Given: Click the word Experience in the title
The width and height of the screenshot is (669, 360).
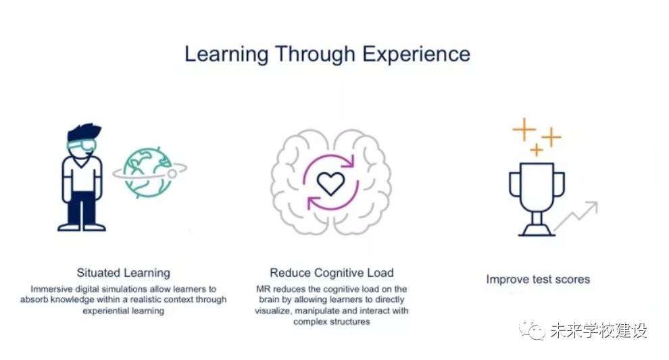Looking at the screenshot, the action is click(x=416, y=55).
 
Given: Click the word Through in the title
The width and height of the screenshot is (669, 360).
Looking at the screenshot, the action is click(x=316, y=55).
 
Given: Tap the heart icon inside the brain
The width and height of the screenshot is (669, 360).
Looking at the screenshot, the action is click(x=330, y=184).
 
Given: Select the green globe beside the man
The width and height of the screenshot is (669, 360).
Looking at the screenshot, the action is click(x=147, y=173).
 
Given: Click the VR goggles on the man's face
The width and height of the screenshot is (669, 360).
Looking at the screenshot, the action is click(x=81, y=145).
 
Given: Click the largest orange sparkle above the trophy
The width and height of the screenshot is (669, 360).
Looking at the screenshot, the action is click(x=524, y=129).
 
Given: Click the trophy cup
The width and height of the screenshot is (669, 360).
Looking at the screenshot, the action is click(x=537, y=187).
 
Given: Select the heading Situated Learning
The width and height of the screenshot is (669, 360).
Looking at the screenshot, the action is click(x=123, y=273).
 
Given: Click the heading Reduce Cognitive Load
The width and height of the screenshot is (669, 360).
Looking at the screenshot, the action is click(x=332, y=273).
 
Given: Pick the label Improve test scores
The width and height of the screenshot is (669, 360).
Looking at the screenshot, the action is click(x=538, y=280).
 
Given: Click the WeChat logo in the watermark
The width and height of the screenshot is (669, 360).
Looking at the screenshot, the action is click(x=532, y=330).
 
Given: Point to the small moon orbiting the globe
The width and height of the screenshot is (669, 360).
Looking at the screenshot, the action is click(x=172, y=174).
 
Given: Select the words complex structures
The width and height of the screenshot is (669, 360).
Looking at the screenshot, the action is click(x=332, y=322).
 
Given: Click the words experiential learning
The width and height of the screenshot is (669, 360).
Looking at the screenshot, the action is click(x=123, y=311).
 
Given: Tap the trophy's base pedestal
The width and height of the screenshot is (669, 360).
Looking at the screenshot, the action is click(x=537, y=230).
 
